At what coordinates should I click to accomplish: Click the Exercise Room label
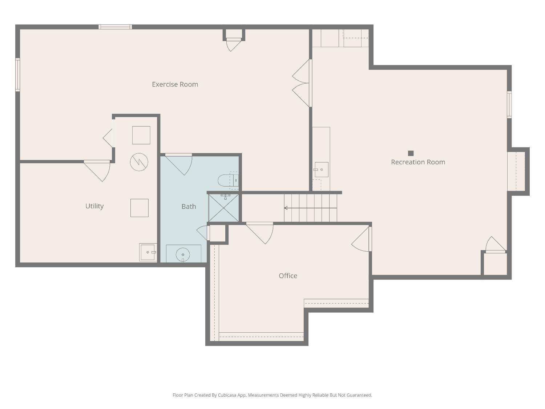point(175,84)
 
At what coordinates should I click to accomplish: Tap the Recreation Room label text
point(418,162)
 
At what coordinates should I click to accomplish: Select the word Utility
point(94,206)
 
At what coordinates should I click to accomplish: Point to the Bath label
point(189,206)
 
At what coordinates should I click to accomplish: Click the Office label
point(288,276)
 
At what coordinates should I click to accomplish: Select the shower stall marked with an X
point(223,208)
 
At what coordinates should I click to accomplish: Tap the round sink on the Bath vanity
point(183,254)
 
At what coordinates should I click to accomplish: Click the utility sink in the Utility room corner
point(148,252)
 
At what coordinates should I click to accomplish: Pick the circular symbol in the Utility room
point(139,162)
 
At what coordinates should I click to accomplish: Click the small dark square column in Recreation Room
point(411,153)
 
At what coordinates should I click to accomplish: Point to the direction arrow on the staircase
point(287,208)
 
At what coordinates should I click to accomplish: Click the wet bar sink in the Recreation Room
point(322,169)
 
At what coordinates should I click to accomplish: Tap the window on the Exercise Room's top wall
point(115,27)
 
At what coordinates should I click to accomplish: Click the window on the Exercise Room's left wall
point(17,75)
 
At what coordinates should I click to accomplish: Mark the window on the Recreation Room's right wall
point(509,105)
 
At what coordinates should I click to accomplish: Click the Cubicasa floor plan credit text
point(272,395)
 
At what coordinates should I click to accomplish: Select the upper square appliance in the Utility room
point(141,135)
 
